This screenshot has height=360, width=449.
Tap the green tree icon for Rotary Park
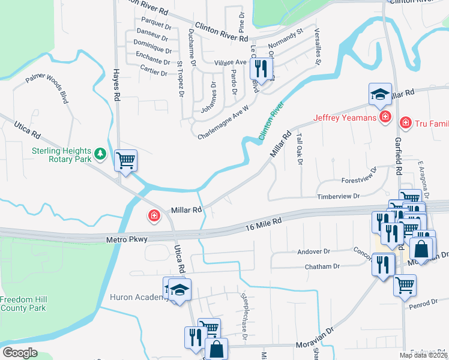click(101, 155)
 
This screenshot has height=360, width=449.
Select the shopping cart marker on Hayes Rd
click(125, 160)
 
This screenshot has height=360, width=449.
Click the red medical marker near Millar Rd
click(154, 215)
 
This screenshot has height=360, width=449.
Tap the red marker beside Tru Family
click(406, 122)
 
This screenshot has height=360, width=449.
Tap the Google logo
click(20, 353)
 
